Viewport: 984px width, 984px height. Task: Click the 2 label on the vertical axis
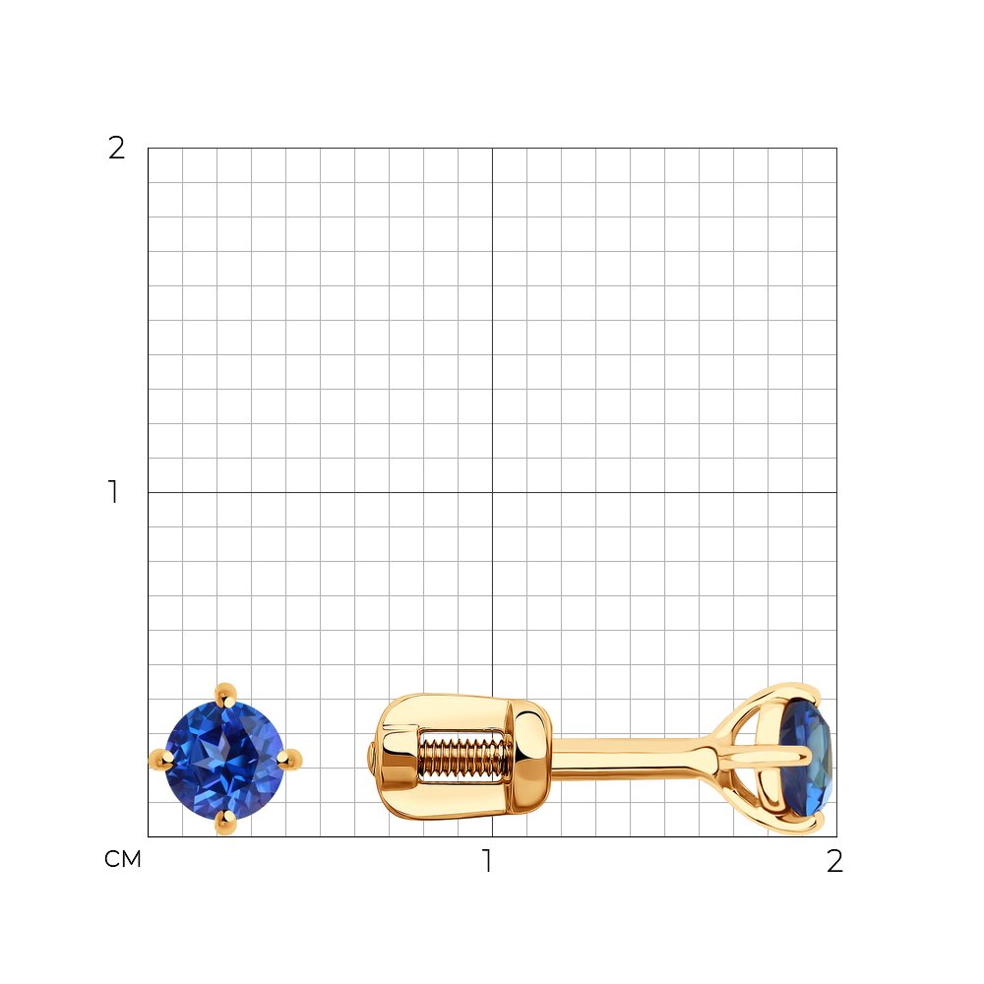(117, 149)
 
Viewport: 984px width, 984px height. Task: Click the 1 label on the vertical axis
(113, 492)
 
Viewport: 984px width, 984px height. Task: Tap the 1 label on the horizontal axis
(487, 860)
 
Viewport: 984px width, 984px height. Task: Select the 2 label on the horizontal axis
(834, 861)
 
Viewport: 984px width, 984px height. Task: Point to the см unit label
(123, 859)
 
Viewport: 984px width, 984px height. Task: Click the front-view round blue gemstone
(224, 760)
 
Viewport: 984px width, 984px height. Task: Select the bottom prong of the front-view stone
(225, 823)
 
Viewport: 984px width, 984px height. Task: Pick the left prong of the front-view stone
(161, 760)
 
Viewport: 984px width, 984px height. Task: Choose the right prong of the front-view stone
(289, 760)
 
